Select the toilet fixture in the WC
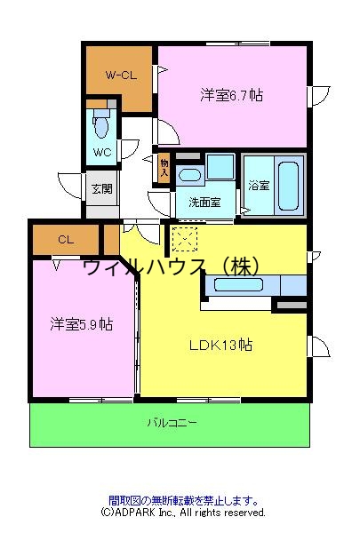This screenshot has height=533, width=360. click(100, 126)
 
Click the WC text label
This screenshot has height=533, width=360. click(100, 153)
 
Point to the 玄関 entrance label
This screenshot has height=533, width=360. click(100, 189)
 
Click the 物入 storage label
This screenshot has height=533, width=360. click(164, 167)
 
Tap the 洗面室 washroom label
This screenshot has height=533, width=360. click(204, 202)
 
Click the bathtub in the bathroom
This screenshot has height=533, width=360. click(287, 184)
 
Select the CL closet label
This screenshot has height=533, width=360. click(65, 240)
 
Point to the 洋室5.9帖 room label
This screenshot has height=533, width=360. click(81, 324)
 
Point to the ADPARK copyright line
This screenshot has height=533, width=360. click(183, 513)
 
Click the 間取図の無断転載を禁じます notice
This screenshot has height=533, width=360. click(183, 500)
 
